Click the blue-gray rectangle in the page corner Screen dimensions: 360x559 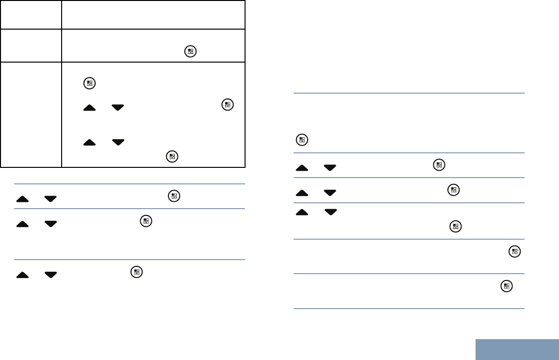(x=517, y=349)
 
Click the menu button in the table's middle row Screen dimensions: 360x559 (x=190, y=51)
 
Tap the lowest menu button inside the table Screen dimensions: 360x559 (x=171, y=156)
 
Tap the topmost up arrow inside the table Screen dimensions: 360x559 (x=90, y=108)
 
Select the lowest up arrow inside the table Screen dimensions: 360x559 (x=90, y=143)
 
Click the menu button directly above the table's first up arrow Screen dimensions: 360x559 (x=89, y=83)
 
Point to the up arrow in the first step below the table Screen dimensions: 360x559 (x=22, y=199)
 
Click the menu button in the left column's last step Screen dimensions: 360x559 (x=137, y=272)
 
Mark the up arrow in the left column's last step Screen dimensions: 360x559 (x=22, y=275)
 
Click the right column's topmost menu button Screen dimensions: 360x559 (x=301, y=140)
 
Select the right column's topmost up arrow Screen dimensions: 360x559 (x=302, y=168)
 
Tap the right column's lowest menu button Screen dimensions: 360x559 (x=506, y=286)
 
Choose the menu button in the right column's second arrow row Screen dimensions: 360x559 (x=453, y=190)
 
